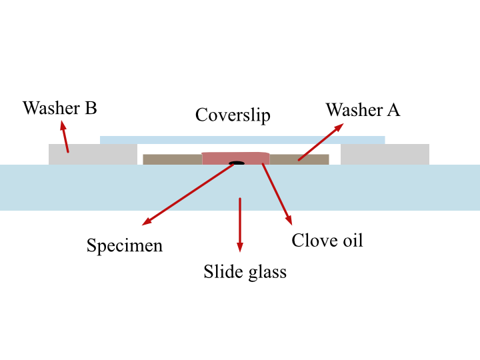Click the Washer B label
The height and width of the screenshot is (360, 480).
[x=60, y=108]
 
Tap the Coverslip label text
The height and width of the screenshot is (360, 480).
[x=233, y=115]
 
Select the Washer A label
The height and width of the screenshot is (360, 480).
[x=363, y=109]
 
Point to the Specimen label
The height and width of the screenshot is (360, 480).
[x=125, y=246]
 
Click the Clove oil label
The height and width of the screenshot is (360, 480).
[x=327, y=240]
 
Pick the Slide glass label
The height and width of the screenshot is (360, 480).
[x=245, y=272]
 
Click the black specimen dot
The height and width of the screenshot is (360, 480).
[x=237, y=163]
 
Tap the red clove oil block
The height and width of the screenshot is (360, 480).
[x=236, y=159]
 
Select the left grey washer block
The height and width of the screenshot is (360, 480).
[x=93, y=155]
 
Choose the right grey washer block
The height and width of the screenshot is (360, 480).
[x=385, y=155]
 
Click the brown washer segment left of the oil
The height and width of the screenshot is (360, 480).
[x=173, y=160]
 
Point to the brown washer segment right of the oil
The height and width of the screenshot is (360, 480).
[x=299, y=160]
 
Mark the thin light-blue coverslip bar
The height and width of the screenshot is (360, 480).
[x=243, y=140]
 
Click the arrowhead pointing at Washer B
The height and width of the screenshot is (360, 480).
[x=63, y=125]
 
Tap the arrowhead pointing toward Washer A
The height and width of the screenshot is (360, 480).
[x=338, y=127]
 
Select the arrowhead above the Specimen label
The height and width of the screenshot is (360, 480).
[x=147, y=221]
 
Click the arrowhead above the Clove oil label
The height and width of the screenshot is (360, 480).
[x=289, y=220]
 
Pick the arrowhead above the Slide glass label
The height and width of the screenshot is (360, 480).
[x=240, y=247]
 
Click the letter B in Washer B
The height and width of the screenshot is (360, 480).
[x=91, y=109]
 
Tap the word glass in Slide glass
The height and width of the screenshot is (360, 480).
[x=267, y=273]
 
